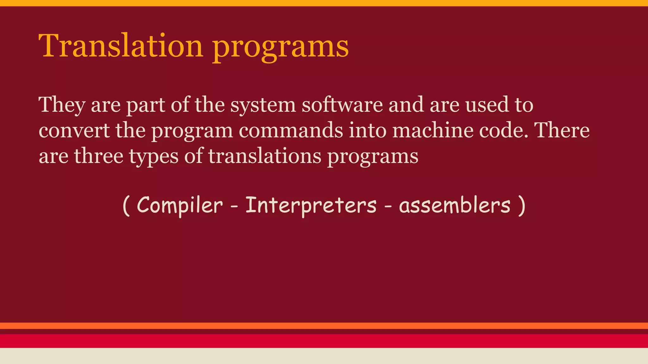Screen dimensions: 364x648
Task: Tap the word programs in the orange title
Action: click(280, 47)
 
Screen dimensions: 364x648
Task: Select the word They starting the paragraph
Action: click(62, 105)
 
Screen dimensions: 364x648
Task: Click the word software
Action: click(342, 105)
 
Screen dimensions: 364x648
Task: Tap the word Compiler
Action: click(179, 205)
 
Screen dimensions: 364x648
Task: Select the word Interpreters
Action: click(311, 205)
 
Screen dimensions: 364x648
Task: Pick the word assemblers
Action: click(455, 205)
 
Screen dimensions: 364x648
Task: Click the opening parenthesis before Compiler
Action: click(126, 206)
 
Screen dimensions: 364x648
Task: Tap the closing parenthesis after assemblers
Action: click(522, 206)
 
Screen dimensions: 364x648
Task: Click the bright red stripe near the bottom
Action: click(324, 341)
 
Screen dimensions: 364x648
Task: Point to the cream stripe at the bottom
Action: click(324, 356)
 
